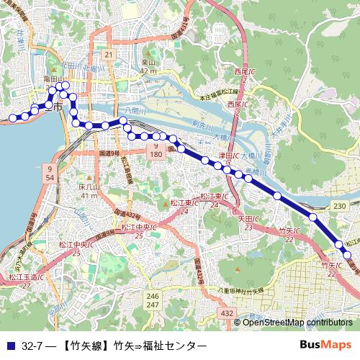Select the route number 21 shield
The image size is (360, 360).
pos(108,55)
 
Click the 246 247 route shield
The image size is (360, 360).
pos(152,301)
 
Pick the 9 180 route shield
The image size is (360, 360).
pos(155,150)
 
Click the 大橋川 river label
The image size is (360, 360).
pos(222,135)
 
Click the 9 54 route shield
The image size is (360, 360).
pos(49,173)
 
